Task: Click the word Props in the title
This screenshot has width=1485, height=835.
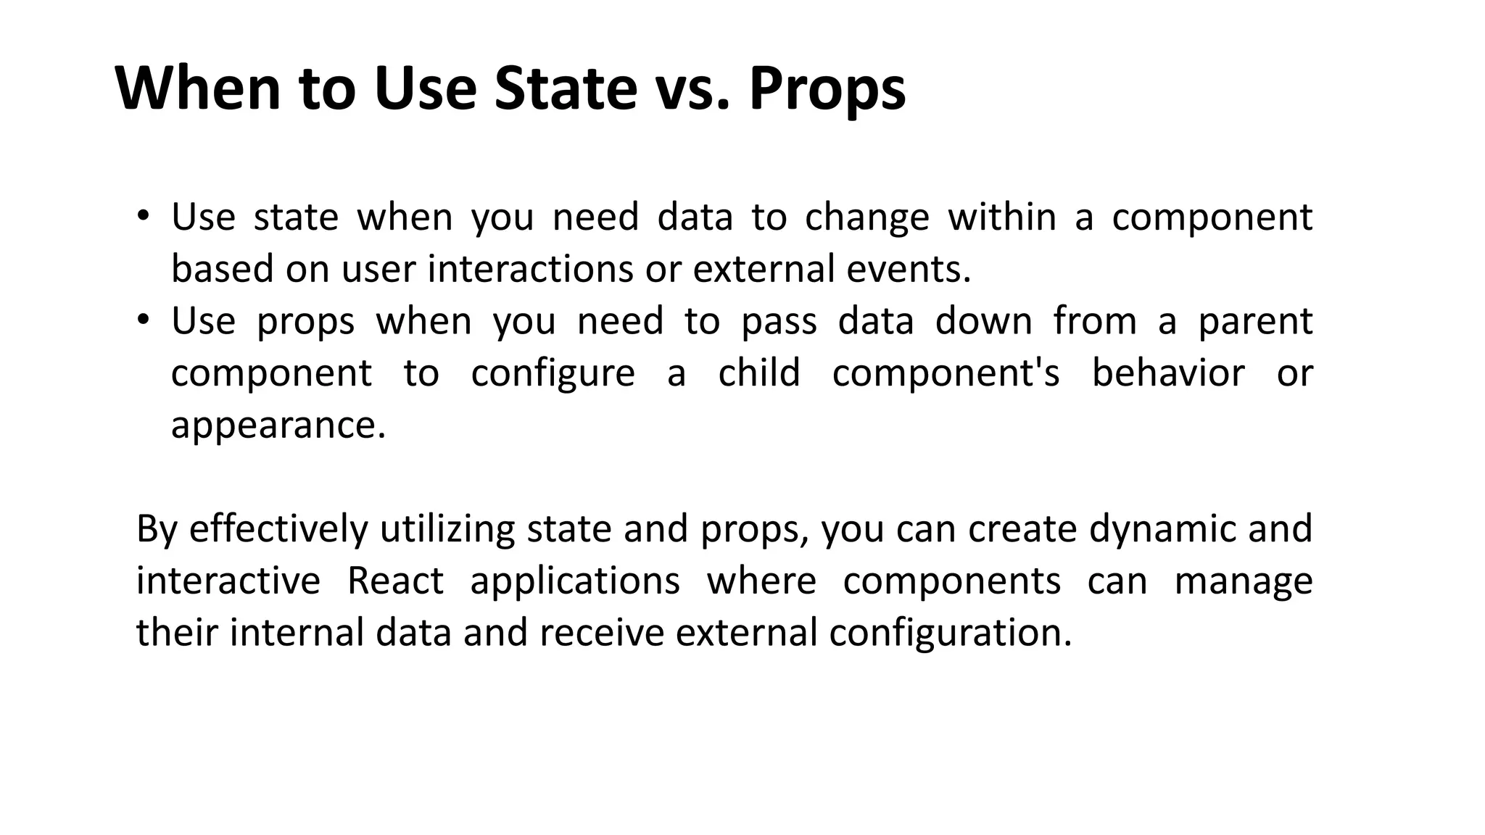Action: (x=827, y=90)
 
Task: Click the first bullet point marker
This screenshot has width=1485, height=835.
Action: (x=143, y=215)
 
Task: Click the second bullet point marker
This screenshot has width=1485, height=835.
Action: (x=143, y=319)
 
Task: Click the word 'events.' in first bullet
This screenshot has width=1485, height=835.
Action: (x=909, y=269)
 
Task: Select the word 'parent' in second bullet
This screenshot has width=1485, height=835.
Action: (x=1254, y=322)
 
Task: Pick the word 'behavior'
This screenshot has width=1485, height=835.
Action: (x=1167, y=373)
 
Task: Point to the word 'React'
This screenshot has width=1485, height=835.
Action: (x=395, y=581)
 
